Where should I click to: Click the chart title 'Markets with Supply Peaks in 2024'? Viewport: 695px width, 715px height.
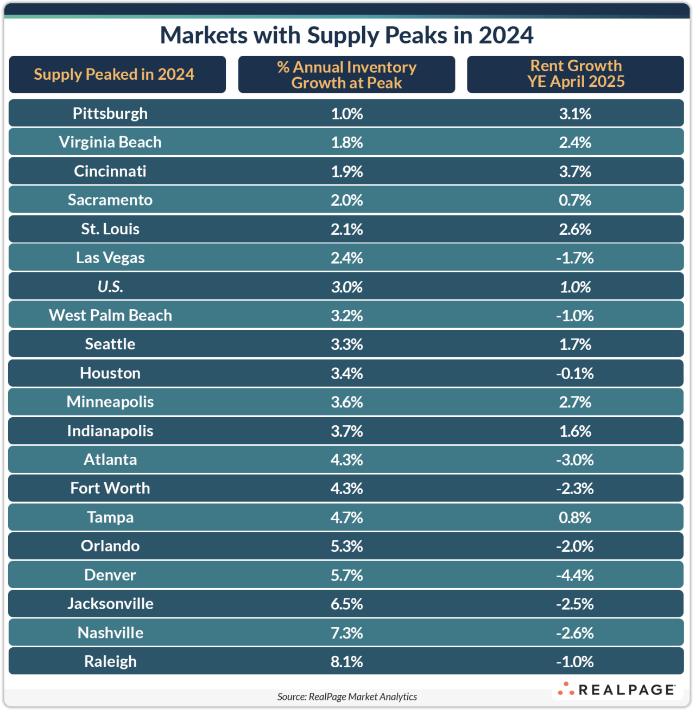(346, 35)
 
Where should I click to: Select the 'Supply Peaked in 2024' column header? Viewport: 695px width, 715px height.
(114, 74)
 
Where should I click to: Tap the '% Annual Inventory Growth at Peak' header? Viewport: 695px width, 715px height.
(346, 75)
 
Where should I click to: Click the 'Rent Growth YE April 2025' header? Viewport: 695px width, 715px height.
(576, 74)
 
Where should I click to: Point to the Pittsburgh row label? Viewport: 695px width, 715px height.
(110, 113)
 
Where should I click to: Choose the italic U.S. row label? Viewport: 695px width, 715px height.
(110, 286)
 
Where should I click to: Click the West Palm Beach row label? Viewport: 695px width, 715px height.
(110, 315)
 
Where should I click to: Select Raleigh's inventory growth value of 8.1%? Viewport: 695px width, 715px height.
(346, 661)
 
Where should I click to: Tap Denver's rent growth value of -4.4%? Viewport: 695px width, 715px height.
(575, 575)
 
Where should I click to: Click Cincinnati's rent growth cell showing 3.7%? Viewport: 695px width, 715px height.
(575, 171)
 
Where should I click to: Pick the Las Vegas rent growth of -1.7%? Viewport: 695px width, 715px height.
(575, 258)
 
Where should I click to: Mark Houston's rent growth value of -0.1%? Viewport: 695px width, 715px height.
(575, 373)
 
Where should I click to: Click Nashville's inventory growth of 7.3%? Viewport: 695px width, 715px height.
(346, 633)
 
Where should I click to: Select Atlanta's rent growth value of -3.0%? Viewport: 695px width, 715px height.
(575, 459)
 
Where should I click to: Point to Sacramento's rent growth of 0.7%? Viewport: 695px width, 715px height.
(575, 200)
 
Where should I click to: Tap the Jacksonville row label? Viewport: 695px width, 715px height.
(110, 604)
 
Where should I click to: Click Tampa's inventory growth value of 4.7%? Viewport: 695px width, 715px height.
(346, 517)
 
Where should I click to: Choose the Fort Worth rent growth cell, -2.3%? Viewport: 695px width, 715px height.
(575, 488)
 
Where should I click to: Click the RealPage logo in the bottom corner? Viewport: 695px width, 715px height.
(617, 690)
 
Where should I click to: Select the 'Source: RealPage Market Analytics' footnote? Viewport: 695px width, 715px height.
(347, 697)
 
